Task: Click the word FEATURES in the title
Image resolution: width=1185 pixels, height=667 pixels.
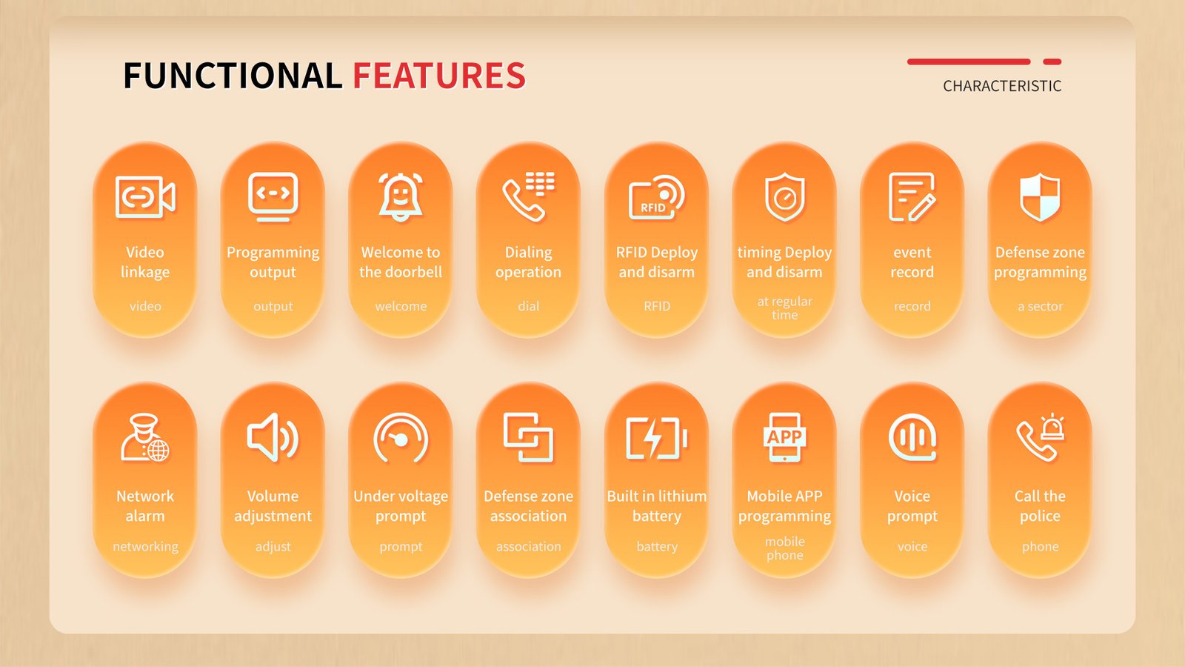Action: [439, 75]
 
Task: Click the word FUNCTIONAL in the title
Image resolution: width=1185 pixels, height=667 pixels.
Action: [233, 75]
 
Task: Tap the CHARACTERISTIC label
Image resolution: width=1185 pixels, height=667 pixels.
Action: [1002, 86]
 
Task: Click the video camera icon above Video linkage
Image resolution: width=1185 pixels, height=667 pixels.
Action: [145, 197]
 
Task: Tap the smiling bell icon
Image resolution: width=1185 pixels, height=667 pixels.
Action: [401, 197]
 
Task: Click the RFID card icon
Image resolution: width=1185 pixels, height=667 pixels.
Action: [656, 197]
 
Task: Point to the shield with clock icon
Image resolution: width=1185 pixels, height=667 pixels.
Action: [784, 197]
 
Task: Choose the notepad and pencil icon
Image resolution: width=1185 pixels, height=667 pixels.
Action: [912, 197]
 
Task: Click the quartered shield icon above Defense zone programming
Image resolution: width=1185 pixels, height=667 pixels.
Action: [1040, 197]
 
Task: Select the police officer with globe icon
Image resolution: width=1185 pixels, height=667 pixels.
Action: [145, 438]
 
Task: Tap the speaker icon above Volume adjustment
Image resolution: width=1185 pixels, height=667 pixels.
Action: [273, 438]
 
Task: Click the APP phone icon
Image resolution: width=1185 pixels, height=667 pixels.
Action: [784, 437]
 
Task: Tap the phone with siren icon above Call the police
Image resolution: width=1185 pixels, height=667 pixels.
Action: [1040, 438]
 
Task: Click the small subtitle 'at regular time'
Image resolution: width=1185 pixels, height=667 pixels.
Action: [784, 308]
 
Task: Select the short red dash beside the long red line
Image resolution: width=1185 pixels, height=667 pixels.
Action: [1052, 62]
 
